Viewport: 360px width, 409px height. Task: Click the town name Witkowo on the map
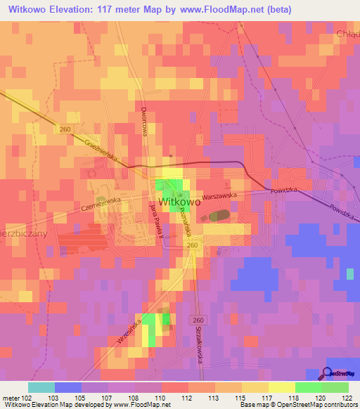[x=181, y=202]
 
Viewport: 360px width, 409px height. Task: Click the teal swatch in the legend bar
[x=41, y=387]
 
